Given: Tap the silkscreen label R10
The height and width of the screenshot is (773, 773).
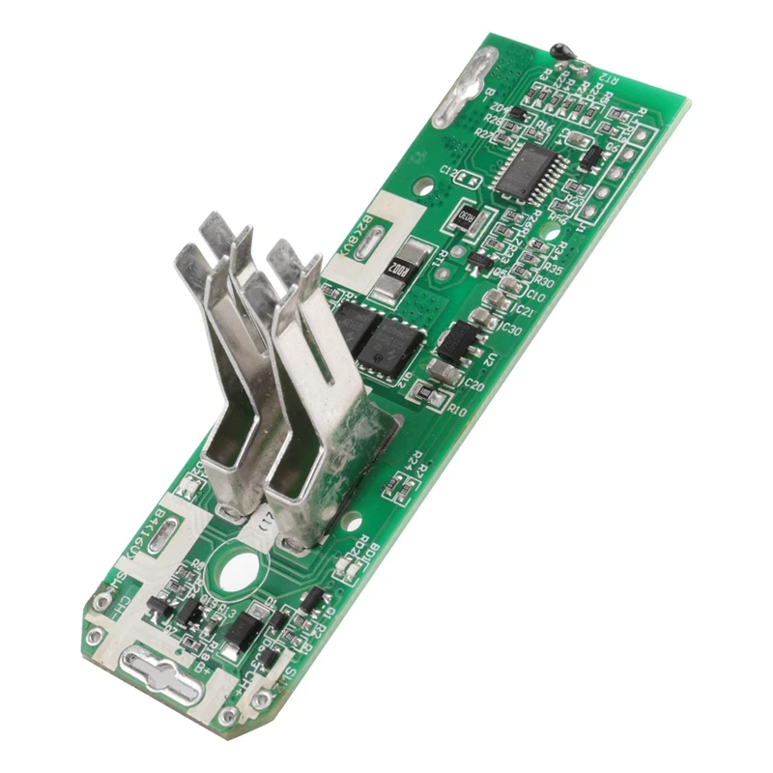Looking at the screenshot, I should click(457, 411).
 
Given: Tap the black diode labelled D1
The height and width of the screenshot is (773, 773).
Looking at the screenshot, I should click(237, 632).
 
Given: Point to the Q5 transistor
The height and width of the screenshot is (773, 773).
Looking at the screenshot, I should click(480, 259).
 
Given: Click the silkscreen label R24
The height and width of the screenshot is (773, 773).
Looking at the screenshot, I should click(415, 464).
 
